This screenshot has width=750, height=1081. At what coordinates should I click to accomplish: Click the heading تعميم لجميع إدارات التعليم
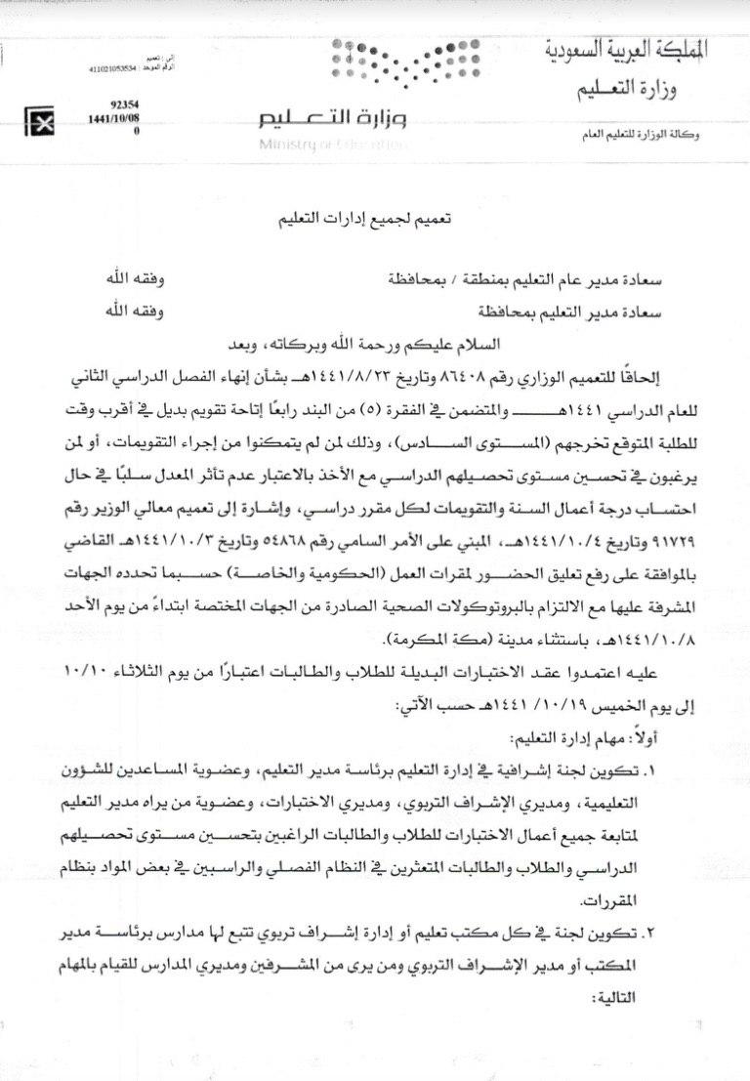tap(374, 224)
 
